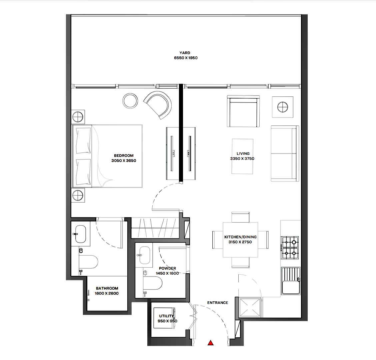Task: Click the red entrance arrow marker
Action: [211, 343]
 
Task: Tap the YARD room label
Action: [185, 53]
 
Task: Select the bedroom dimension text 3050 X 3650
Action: [124, 161]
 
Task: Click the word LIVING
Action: [243, 153]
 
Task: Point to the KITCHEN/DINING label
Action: [241, 237]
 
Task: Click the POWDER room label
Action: [167, 268]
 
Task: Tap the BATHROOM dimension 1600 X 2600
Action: [107, 293]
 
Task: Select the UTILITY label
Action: [166, 316]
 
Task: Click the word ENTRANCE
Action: [218, 303]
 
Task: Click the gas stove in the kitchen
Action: [290, 248]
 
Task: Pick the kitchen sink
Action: [291, 281]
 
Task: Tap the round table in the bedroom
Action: [130, 101]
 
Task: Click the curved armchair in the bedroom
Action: [158, 105]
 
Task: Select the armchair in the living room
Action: [243, 111]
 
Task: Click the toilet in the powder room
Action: [153, 283]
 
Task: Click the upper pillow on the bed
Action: [83, 141]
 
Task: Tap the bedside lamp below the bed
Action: [78, 195]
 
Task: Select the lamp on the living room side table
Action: [282, 107]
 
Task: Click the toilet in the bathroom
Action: [88, 262]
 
